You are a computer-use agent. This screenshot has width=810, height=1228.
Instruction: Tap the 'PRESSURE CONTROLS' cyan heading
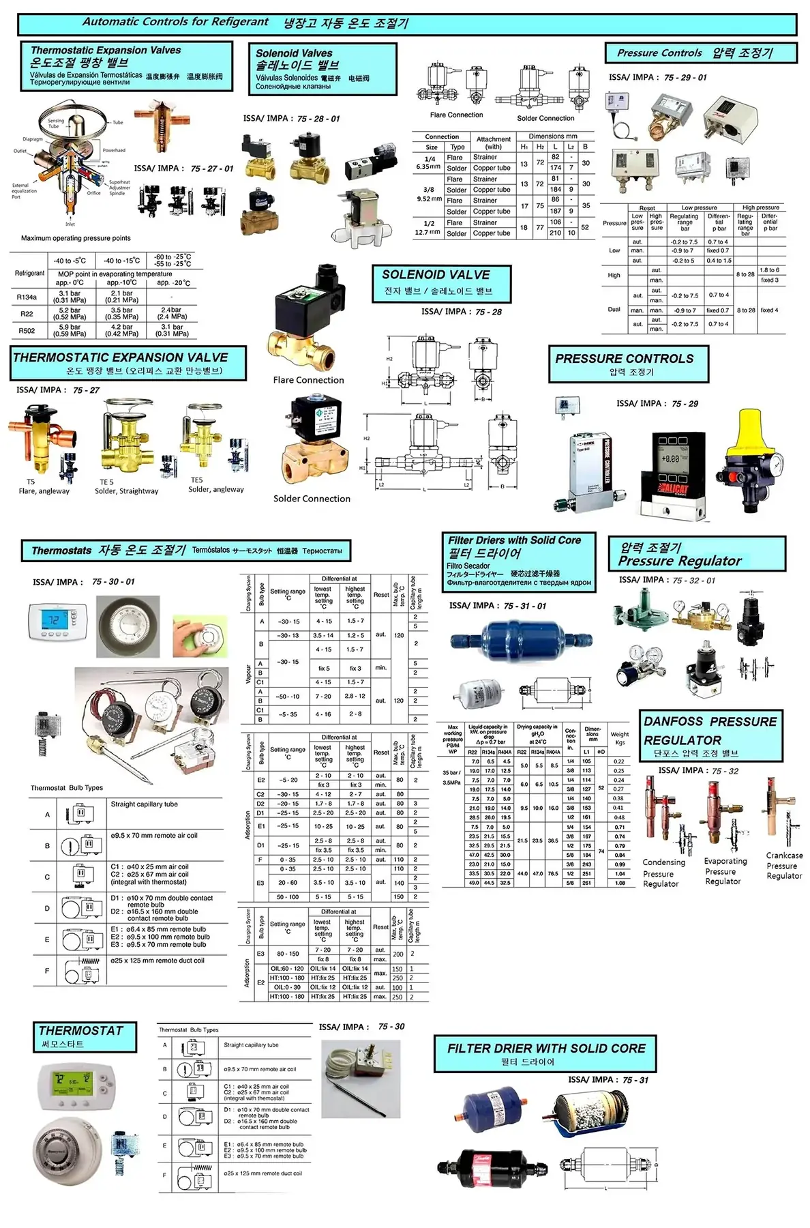tap(628, 364)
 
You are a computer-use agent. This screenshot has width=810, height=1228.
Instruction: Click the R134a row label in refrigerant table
tap(27, 297)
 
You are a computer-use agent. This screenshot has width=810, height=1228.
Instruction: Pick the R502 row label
tap(27, 331)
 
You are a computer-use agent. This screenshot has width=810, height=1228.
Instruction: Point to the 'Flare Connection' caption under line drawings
tap(456, 115)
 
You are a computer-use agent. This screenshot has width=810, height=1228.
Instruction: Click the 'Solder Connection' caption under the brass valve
tap(312, 499)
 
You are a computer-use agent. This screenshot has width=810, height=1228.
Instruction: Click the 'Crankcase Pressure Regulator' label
tap(784, 866)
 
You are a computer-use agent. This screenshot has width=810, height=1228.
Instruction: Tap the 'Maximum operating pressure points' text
tap(76, 238)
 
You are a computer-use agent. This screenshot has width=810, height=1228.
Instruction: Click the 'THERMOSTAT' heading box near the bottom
tap(85, 1036)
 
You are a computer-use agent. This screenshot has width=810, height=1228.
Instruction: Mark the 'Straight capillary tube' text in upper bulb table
tap(144, 804)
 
